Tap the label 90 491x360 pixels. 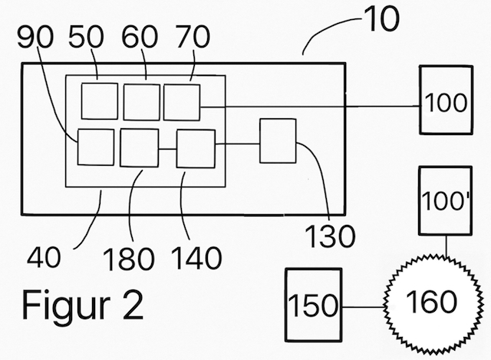tap(35, 37)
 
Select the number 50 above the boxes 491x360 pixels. tap(86, 37)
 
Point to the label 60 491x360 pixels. tap(140, 37)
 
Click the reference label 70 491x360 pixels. tap(193, 37)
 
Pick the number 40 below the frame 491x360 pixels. tap(44, 257)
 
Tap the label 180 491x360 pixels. tap(128, 259)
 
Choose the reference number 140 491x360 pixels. tap(196, 258)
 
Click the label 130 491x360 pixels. tap(330, 236)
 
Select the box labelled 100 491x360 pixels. tap(447, 101)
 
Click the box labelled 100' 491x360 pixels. tap(445, 200)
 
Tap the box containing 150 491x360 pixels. tap(314, 305)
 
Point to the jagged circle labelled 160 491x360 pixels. tap(431, 302)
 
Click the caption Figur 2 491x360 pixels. tap(82, 305)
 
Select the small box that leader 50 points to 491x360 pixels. tap(100, 101)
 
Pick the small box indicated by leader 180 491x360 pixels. tap(140, 147)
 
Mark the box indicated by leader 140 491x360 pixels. tap(196, 149)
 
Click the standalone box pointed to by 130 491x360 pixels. tap(278, 140)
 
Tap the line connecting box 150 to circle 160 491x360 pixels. tap(363, 307)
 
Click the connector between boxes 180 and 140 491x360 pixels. tap(167, 149)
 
